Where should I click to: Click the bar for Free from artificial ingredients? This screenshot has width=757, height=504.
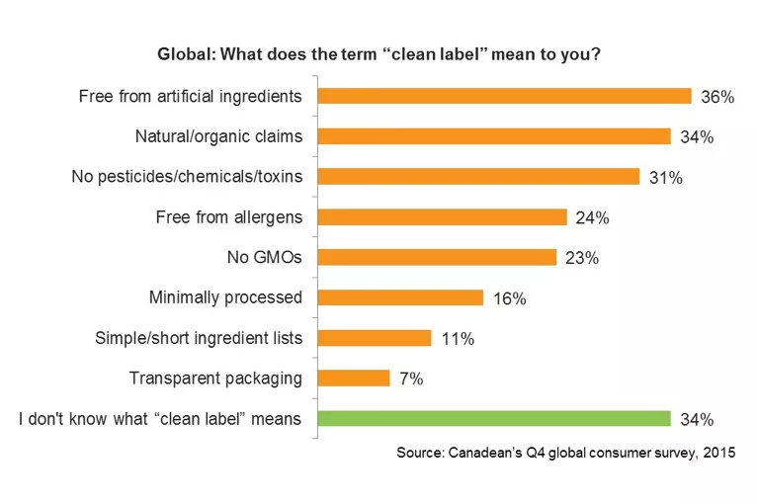pyautogui.click(x=504, y=96)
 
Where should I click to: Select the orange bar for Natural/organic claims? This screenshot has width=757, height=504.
pyautogui.click(x=493, y=136)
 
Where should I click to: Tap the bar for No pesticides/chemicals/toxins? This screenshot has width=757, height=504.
pyautogui.click(x=478, y=177)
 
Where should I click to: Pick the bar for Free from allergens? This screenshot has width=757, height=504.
pyautogui.click(x=442, y=216)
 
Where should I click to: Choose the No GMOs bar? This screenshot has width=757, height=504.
pyautogui.click(x=437, y=257)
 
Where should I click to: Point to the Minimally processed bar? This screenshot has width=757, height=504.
pyautogui.click(x=400, y=297)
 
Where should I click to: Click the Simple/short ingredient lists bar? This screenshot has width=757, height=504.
pyautogui.click(x=375, y=338)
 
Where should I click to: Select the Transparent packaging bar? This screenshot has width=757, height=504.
pyautogui.click(x=354, y=378)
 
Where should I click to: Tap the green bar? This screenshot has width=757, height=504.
pyautogui.click(x=493, y=419)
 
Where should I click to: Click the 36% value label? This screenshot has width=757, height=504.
pyautogui.click(x=717, y=97)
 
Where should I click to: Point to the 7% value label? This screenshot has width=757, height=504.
pyautogui.click(x=412, y=378)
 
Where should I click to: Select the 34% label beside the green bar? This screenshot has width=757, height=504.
pyautogui.click(x=697, y=420)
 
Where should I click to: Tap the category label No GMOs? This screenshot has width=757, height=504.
pyautogui.click(x=265, y=257)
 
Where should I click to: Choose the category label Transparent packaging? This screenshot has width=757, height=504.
pyautogui.click(x=215, y=378)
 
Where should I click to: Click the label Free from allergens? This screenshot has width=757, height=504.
pyautogui.click(x=229, y=216)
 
